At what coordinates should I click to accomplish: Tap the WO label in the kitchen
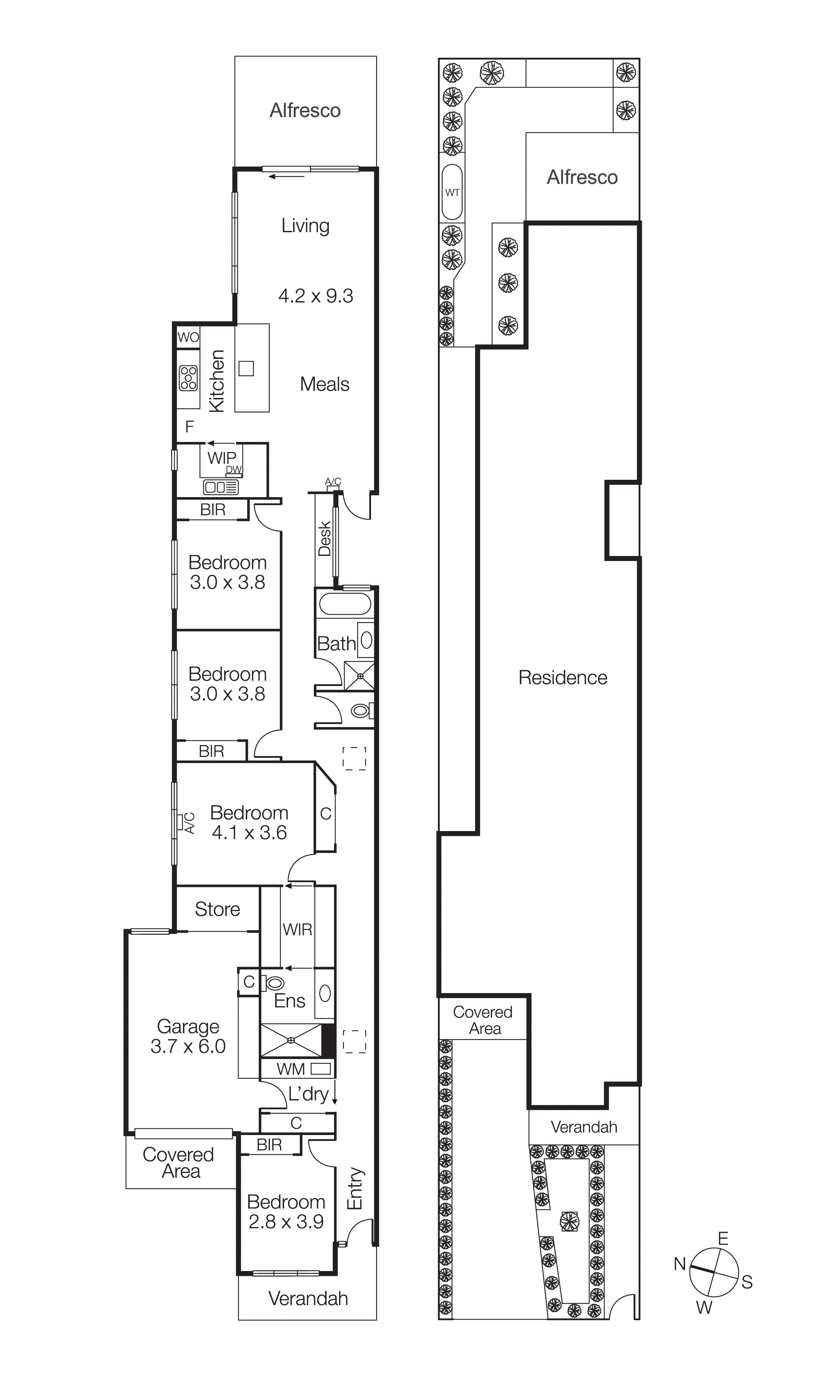tap(188, 337)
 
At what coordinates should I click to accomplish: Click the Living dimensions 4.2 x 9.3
tap(315, 296)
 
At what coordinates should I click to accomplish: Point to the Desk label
tap(324, 538)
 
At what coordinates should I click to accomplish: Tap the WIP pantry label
tap(222, 457)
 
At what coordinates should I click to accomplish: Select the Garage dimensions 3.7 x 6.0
tap(188, 1046)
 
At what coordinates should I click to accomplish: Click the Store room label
tap(217, 909)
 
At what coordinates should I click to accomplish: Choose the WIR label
tap(297, 929)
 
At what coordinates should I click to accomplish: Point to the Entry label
tap(355, 1188)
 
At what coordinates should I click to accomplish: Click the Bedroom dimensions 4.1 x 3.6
tap(249, 833)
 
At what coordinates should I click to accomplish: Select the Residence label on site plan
tap(563, 677)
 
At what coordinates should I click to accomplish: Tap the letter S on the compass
tap(747, 1282)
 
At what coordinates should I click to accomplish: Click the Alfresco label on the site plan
tap(582, 177)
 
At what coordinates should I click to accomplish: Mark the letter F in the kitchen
tap(189, 427)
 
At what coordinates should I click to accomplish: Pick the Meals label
tap(324, 384)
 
